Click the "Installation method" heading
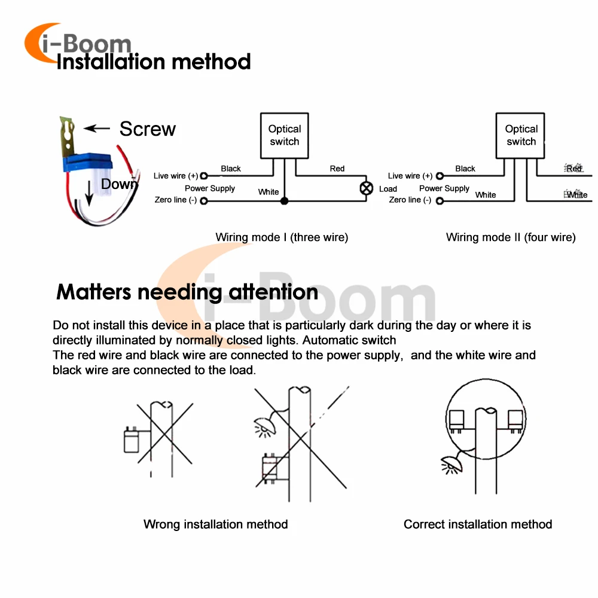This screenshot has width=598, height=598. [153, 62]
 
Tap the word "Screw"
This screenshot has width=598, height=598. [148, 129]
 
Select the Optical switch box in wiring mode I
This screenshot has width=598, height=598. [284, 135]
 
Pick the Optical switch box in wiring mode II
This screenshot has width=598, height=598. [521, 135]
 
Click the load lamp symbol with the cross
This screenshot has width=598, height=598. [366, 188]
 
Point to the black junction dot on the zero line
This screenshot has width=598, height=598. [284, 201]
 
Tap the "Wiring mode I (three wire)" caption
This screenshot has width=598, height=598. [282, 237]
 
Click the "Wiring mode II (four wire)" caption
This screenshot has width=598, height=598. [511, 237]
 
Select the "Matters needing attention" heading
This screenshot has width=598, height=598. [187, 292]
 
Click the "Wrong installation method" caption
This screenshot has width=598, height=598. [215, 524]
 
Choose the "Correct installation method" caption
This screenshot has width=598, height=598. [478, 524]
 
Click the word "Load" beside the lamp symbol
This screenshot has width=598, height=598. [388, 189]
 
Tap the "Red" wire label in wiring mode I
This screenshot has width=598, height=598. [337, 169]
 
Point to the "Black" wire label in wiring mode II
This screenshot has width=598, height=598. [465, 169]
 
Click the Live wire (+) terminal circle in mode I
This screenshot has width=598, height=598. [204, 176]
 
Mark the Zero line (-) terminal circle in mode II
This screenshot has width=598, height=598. [440, 200]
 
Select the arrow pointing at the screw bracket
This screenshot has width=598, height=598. [97, 128]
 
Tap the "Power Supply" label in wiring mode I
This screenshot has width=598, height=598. [210, 188]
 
